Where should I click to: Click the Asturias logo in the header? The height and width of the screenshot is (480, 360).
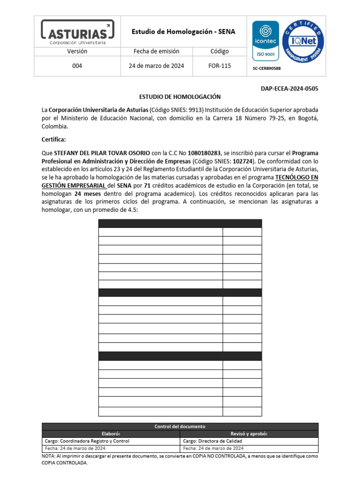tap(77, 31)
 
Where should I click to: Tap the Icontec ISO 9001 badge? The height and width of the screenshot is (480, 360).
tap(266, 41)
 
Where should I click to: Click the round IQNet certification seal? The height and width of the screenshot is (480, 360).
tap(305, 41)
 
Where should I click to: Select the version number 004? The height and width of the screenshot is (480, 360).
tap(77, 66)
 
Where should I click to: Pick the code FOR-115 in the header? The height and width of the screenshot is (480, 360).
tap(220, 66)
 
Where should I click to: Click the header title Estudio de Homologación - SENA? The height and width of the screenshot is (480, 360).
tap(183, 32)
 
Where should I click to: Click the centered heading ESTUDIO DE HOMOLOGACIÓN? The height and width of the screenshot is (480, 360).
tap(180, 97)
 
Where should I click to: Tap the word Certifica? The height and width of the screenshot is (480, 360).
tap(54, 140)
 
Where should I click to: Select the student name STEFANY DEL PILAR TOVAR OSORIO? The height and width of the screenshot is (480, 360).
tap(102, 153)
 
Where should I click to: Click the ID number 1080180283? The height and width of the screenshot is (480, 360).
tap(204, 153)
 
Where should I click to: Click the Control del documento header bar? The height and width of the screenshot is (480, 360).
tap(180, 427)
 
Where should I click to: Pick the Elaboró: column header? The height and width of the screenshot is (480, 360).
tap(111, 434)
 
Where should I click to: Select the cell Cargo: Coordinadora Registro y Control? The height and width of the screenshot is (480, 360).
tap(87, 441)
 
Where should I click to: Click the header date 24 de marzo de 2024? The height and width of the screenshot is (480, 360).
tap(157, 66)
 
